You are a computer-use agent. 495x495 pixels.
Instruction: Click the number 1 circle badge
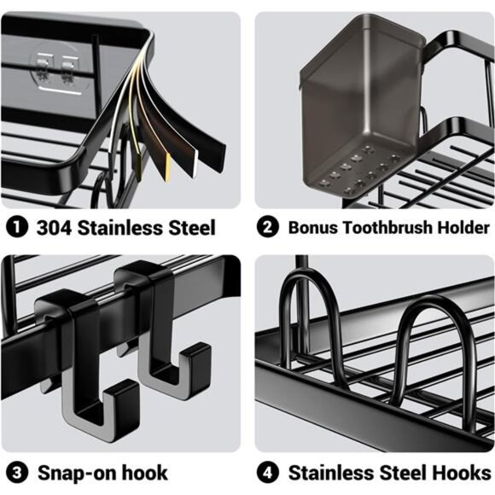click(17, 227)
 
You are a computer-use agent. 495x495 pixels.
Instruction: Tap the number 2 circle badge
click(267, 226)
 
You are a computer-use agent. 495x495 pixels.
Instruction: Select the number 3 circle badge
click(17, 473)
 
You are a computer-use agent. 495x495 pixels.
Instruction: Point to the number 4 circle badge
click(267, 473)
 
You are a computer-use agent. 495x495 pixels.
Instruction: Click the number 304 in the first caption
click(54, 227)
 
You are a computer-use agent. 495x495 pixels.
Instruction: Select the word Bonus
click(312, 227)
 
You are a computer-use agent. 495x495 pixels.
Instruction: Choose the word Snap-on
click(77, 473)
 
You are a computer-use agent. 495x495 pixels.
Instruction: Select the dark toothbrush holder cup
click(362, 106)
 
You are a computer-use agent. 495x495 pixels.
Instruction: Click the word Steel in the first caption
click(192, 227)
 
